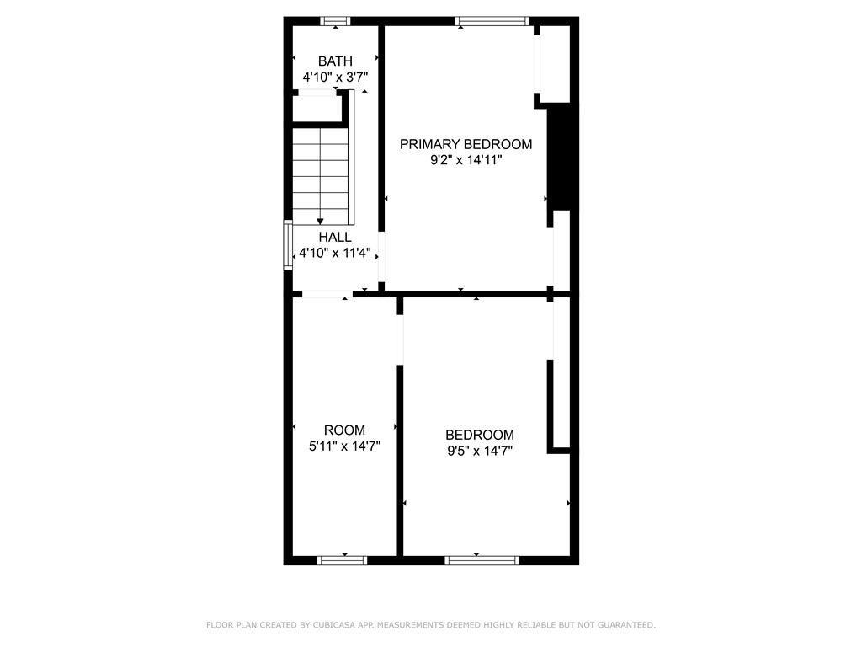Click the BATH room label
click(335, 61)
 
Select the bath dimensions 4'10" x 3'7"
click(335, 77)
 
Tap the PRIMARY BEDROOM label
click(466, 144)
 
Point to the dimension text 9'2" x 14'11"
click(466, 160)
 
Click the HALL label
click(335, 238)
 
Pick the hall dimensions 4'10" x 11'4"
click(335, 253)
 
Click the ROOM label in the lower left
click(345, 430)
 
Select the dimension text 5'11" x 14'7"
click(345, 446)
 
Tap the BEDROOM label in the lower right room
click(480, 435)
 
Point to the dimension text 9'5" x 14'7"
click(480, 451)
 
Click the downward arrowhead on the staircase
click(320, 221)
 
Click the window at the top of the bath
click(336, 21)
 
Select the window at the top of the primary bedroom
click(492, 21)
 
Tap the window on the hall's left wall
click(288, 245)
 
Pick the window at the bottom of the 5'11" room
click(342, 560)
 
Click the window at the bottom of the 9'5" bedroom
click(482, 560)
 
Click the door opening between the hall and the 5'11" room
click(327, 294)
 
